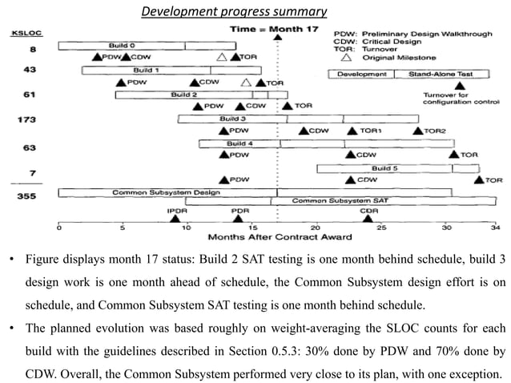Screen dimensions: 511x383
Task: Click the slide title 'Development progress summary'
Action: pos(232,12)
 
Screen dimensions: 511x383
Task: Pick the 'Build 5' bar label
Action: pos(384,167)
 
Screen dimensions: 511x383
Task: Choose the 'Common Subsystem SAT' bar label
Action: pos(353,201)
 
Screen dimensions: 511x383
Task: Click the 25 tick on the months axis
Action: pos(381,228)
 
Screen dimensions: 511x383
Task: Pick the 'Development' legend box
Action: pos(362,73)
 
